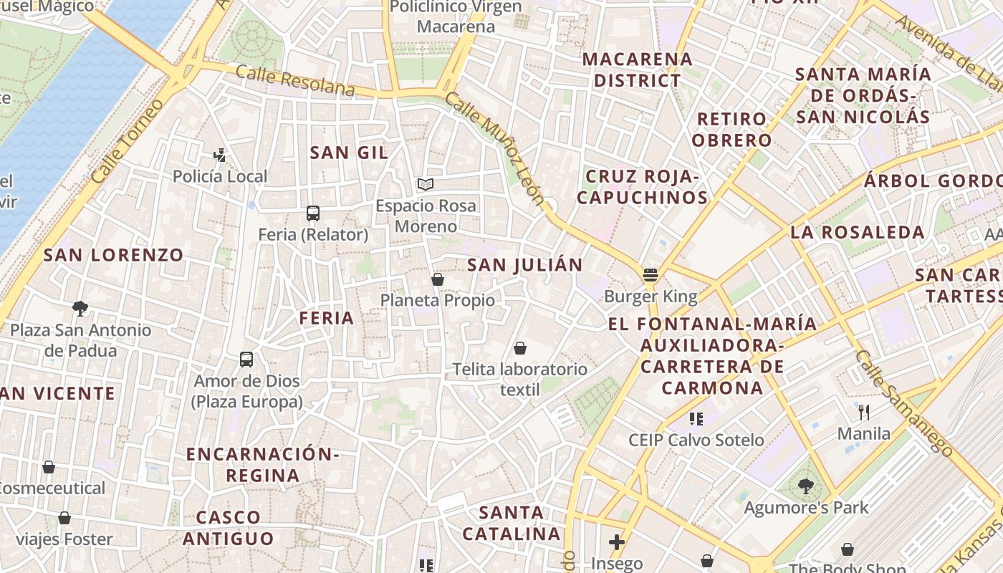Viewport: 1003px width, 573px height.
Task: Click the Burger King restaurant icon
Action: click(x=651, y=275)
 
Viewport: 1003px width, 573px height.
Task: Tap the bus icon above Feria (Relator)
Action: click(x=313, y=213)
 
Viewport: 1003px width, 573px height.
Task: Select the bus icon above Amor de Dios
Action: click(x=246, y=360)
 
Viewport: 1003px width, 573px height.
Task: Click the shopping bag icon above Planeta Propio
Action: click(x=438, y=279)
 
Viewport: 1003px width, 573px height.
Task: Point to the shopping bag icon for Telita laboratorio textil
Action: click(x=520, y=348)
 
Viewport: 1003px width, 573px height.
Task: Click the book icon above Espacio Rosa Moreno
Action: click(x=426, y=184)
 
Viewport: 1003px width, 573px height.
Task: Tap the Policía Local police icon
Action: click(x=220, y=154)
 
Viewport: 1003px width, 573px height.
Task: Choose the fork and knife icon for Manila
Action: click(x=864, y=412)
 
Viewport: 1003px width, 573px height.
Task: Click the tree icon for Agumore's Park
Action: click(x=806, y=486)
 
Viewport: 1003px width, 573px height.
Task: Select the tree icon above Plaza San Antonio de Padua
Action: click(x=80, y=309)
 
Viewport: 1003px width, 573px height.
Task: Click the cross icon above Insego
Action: click(x=617, y=542)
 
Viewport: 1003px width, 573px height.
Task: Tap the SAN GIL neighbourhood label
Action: click(x=349, y=152)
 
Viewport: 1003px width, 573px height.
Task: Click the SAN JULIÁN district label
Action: click(x=525, y=265)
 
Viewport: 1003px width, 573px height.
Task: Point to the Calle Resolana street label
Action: click(x=295, y=80)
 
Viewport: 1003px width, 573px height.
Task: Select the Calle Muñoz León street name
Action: click(x=494, y=148)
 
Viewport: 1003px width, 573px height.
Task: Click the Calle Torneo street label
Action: click(x=128, y=140)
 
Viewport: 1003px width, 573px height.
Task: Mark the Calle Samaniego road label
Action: click(x=904, y=403)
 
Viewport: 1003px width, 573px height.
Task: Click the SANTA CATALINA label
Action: click(x=512, y=523)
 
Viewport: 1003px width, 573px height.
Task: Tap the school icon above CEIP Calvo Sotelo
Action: click(x=696, y=418)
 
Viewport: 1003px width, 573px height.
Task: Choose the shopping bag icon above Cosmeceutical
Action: click(x=49, y=467)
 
